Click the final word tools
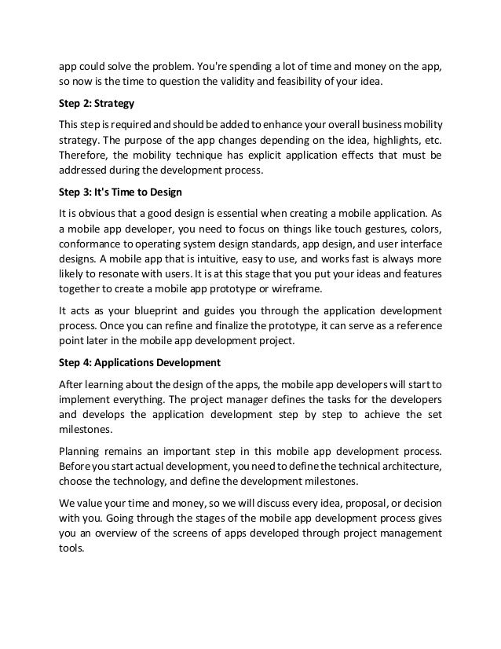71,550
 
